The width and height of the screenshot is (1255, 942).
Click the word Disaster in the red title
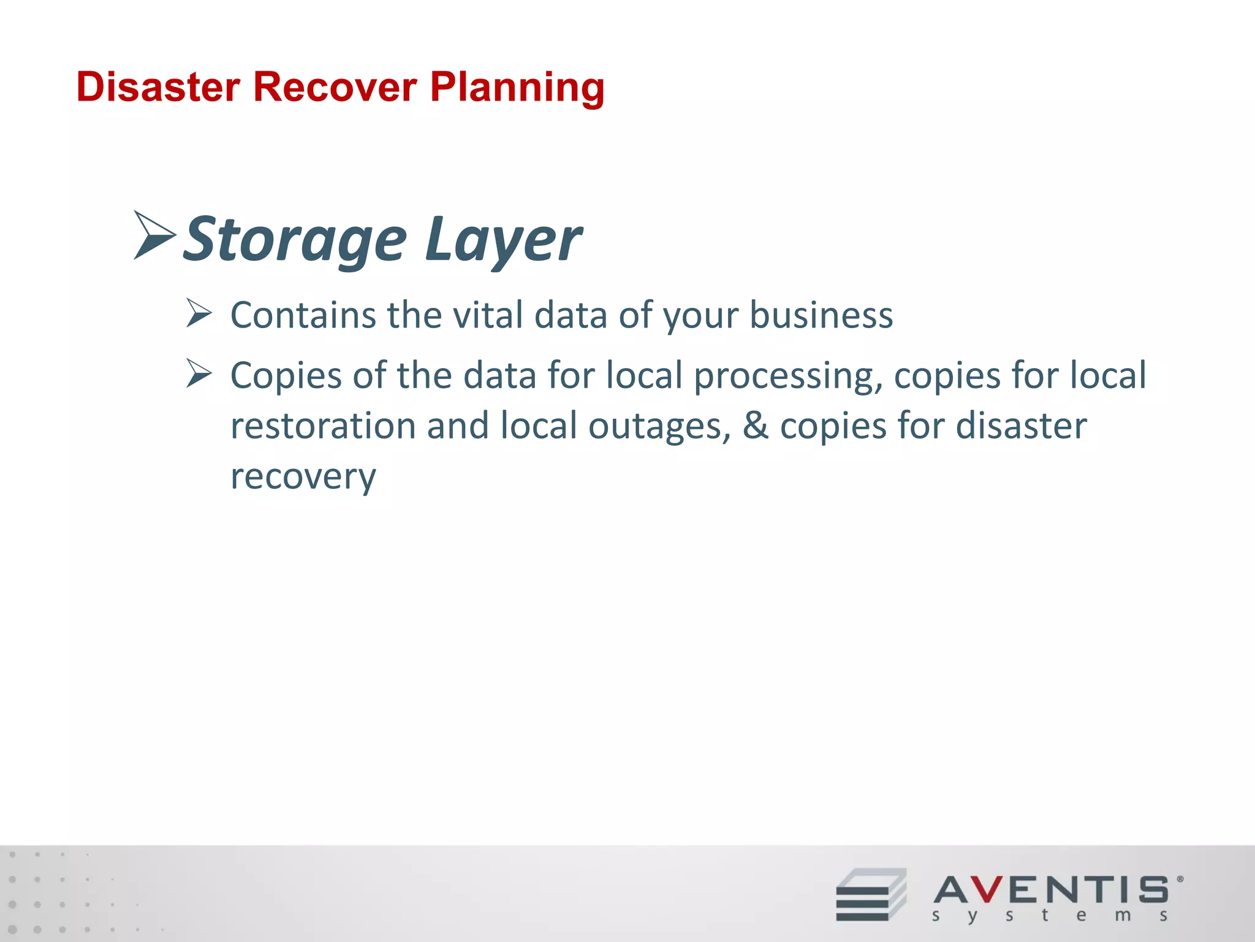(x=158, y=87)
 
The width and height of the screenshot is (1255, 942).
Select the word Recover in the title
(x=335, y=87)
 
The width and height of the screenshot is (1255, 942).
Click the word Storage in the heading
(x=295, y=239)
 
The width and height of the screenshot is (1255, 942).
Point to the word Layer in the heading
(x=502, y=239)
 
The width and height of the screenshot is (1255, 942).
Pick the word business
(x=821, y=315)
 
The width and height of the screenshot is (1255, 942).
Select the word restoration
(x=323, y=426)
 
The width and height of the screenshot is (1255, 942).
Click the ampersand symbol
(x=755, y=426)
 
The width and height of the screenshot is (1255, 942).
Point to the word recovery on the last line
(x=303, y=477)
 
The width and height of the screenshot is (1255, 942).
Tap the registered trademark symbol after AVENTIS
(x=1180, y=879)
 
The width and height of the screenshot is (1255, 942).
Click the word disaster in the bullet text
(x=1021, y=426)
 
